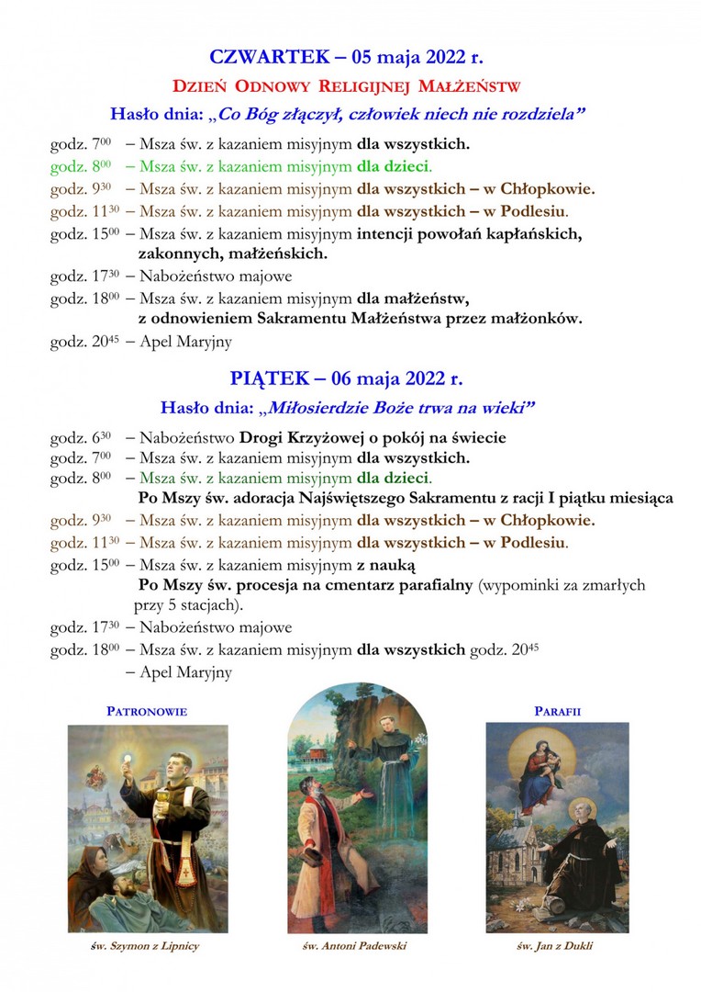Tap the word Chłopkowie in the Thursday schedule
point(548,189)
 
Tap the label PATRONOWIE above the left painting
point(148,711)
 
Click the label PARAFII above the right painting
point(558,711)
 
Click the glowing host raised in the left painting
point(128,764)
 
